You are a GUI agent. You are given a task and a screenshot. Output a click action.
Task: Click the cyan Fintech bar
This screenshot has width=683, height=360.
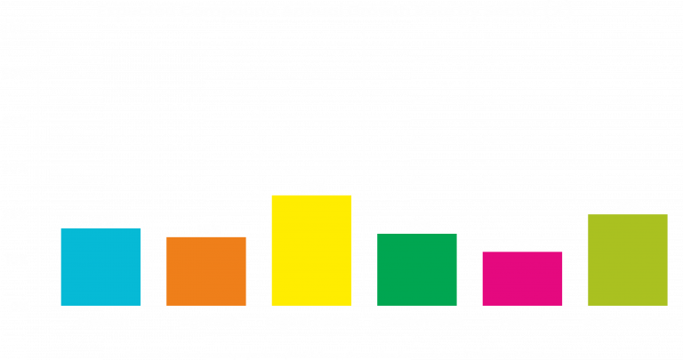[100, 267]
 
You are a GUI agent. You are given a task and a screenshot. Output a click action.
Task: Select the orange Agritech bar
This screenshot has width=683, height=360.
[206, 271]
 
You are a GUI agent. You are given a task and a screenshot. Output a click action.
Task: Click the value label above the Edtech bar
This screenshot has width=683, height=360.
[523, 244]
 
